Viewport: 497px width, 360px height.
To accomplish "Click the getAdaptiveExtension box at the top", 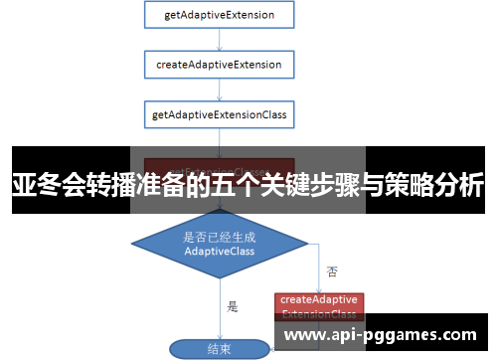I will pos(219,15).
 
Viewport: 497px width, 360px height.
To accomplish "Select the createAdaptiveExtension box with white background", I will pos(219,65).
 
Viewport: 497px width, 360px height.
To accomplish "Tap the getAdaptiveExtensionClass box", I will pos(219,114).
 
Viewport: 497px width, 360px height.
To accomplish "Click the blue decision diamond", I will pos(219,245).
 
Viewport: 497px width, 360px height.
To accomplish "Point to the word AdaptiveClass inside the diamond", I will pos(219,252).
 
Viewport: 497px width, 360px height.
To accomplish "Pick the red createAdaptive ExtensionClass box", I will pos(319,306).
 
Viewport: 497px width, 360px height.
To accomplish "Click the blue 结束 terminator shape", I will pos(219,349).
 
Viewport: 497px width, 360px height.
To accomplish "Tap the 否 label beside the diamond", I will pos(331,270).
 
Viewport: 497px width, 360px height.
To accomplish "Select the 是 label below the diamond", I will pos(233,306).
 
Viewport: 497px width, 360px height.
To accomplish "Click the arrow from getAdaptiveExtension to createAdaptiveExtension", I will pos(219,40).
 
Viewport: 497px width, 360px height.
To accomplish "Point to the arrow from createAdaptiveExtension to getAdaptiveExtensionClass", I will pos(219,90).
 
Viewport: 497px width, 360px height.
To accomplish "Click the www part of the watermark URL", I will pos(303,336).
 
